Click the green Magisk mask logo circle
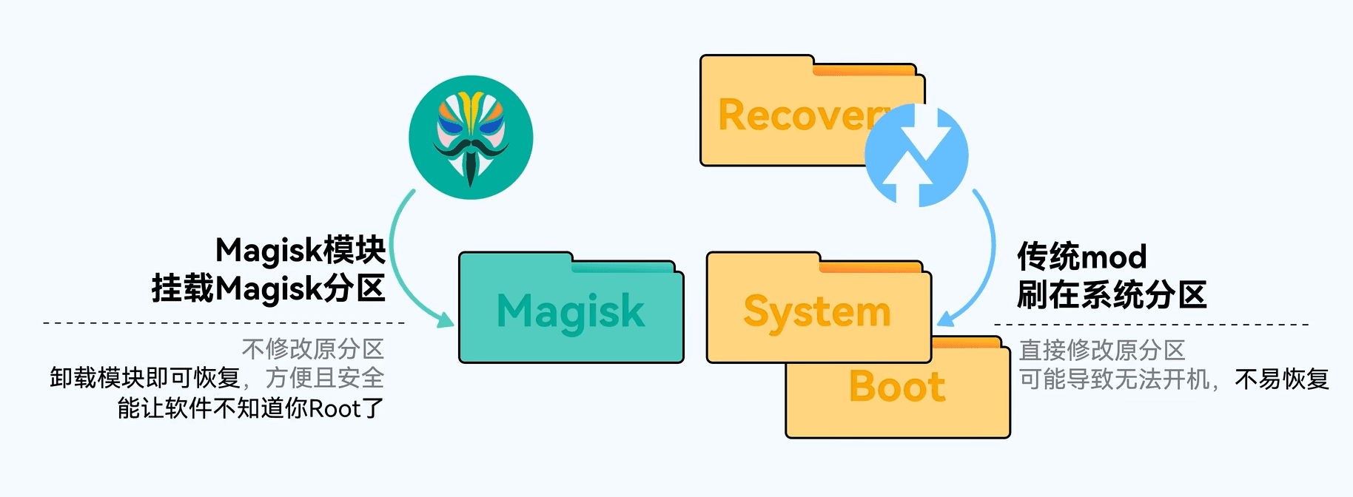coord(471,138)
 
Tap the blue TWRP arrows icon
coord(917,155)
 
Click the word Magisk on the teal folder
coord(571,311)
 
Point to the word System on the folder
coord(817,311)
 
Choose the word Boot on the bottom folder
coord(897,386)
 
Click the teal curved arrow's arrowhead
coord(445,320)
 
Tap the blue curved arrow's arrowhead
coord(946,319)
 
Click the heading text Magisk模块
coord(301,250)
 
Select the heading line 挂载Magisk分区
coord(268,288)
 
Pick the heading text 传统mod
coord(1081,257)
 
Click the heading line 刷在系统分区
coord(1111,294)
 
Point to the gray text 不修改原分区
coord(312,349)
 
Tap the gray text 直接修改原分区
coord(1101,350)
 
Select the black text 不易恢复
coord(1282,379)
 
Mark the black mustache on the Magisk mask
coord(471,151)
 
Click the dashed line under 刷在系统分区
coord(1151,324)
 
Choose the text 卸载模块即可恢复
coord(145,378)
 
